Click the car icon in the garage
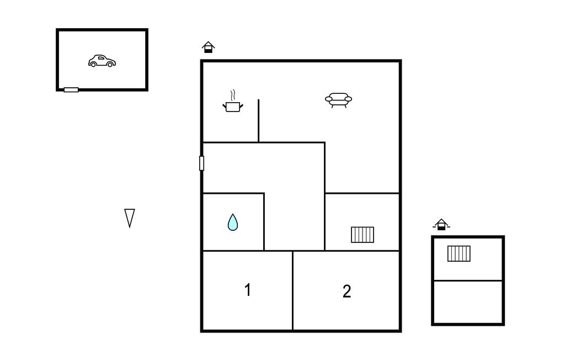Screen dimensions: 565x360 tap(102, 61)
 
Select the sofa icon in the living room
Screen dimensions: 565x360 tap(338, 100)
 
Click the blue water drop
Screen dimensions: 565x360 tap(233, 222)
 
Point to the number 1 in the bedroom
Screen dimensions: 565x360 tap(248, 290)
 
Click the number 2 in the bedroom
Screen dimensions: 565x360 tap(347, 291)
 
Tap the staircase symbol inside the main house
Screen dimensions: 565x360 tap(363, 235)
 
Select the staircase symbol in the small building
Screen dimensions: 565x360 tap(459, 253)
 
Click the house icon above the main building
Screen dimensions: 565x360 tap(208, 47)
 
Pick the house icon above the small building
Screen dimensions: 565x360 tap(441, 224)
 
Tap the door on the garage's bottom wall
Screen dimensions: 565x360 tap(71, 89)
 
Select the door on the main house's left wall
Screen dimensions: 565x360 tap(201, 163)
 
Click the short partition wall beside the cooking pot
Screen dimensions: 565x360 tap(258, 121)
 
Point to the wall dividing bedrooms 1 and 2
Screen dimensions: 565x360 tap(292, 290)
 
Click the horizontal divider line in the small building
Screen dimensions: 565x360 tap(468, 280)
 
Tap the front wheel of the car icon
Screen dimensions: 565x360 tap(110, 64)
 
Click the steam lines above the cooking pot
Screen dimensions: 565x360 tap(233, 95)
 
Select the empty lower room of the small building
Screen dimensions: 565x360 tap(468, 302)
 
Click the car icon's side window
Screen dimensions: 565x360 tap(102, 58)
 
